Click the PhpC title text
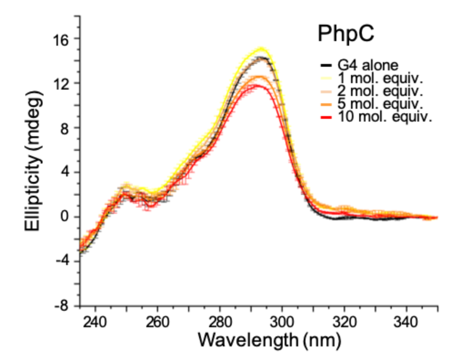[346, 34]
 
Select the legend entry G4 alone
[367, 65]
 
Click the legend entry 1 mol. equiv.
[380, 78]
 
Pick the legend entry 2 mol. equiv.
[380, 91]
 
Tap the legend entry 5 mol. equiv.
[380, 104]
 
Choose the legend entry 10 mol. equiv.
[385, 117]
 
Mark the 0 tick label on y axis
[64, 217]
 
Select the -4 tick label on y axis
[62, 261]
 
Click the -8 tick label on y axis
[62, 305]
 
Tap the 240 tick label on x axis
[95, 322]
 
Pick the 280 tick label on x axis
[220, 322]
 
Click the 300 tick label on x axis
[282, 322]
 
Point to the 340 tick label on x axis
[406, 322]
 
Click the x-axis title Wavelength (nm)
[269, 341]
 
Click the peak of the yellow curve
[261, 49]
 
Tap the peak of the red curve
[257, 85]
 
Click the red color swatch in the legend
[326, 117]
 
